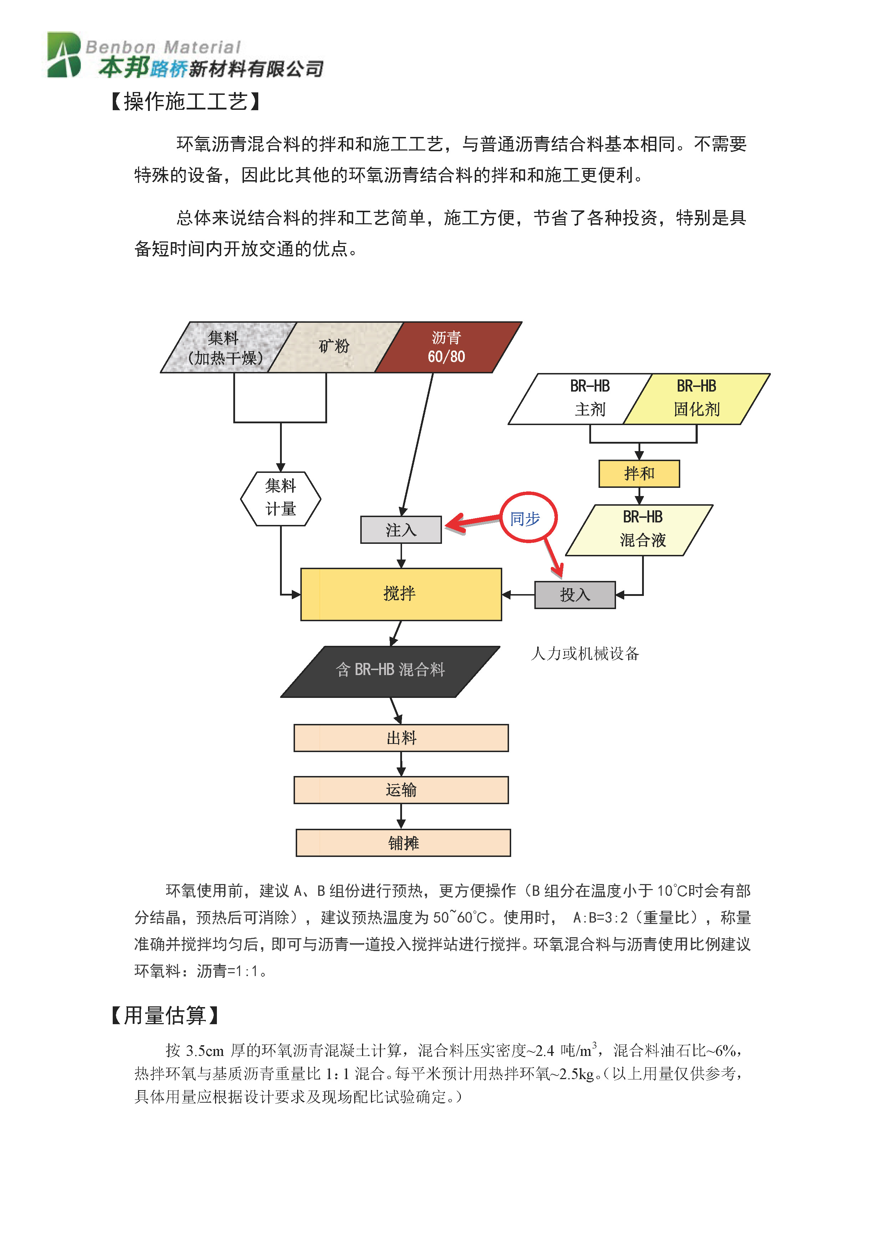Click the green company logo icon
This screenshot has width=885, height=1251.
[64, 55]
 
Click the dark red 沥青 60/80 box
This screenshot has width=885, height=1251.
[447, 348]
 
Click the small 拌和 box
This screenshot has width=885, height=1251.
[639, 474]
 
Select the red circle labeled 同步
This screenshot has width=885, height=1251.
[528, 518]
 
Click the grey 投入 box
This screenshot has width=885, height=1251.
[575, 595]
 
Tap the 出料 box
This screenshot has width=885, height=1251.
[401, 738]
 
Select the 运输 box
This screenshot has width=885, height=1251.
[401, 790]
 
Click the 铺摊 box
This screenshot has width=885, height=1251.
[403, 843]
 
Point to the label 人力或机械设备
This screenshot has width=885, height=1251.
[585, 653]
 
